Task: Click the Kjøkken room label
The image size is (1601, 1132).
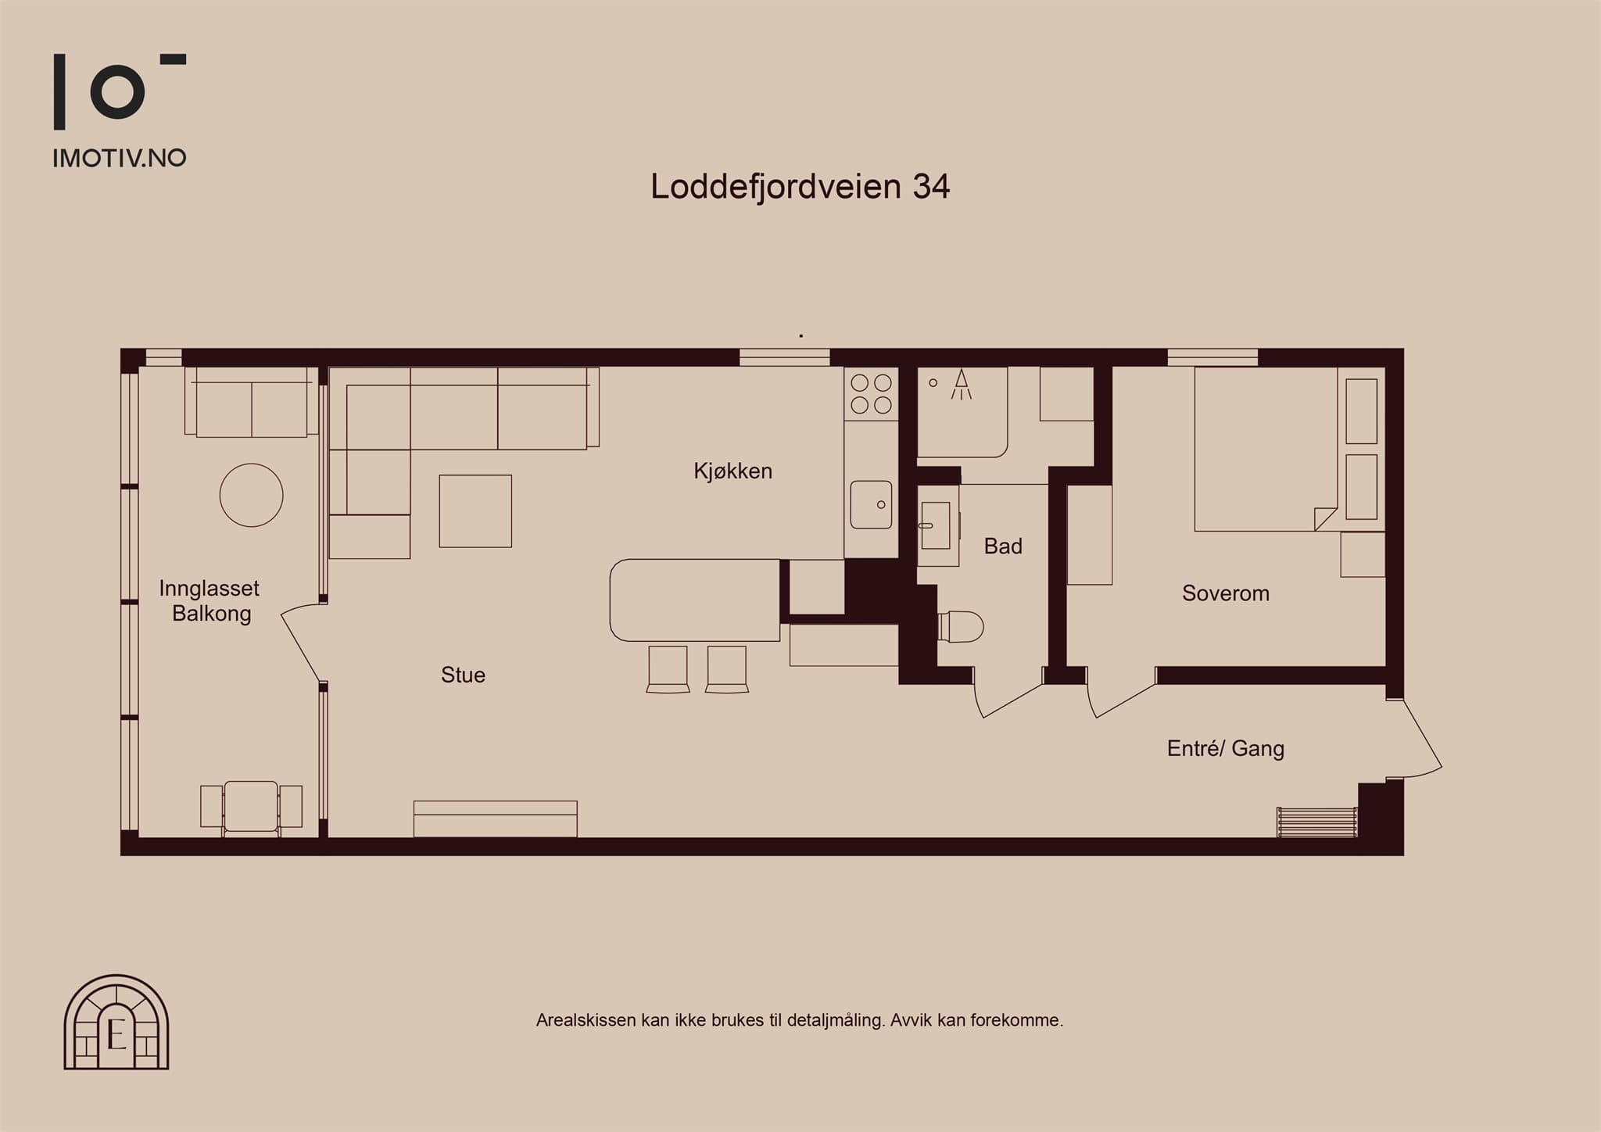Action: (732, 471)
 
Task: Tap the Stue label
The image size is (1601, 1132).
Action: (463, 675)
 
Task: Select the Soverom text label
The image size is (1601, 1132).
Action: (1225, 593)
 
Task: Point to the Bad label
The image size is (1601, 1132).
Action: (1003, 546)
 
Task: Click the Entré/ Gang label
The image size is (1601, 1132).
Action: (1225, 748)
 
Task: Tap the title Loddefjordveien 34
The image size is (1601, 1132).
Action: (800, 187)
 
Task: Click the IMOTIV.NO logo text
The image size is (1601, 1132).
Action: (119, 158)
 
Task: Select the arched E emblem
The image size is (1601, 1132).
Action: (116, 1022)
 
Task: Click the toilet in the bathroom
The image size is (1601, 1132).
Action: (960, 626)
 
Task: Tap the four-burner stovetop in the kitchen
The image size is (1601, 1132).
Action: (871, 393)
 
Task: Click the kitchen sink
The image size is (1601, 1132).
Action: (871, 505)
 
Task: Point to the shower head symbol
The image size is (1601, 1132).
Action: (962, 384)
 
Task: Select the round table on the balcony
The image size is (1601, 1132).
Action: (251, 495)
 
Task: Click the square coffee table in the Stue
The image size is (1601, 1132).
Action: (475, 511)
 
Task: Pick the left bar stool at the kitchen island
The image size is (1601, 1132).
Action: (668, 669)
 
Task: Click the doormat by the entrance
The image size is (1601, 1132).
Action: (1317, 822)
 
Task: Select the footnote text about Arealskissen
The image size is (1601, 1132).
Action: (800, 1020)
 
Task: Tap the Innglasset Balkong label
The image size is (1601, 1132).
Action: (210, 600)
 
